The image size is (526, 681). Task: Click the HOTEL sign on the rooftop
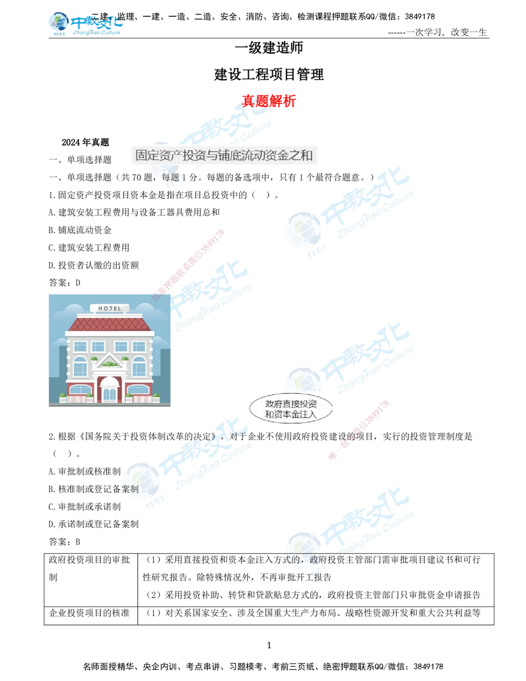pyautogui.click(x=109, y=308)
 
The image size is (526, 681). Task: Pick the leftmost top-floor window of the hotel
pyautogui.click(x=80, y=346)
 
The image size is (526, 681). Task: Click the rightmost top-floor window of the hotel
pyautogui.click(x=139, y=346)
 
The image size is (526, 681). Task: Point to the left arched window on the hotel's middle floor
pyautogui.click(x=80, y=366)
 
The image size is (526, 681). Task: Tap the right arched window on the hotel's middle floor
pyautogui.click(x=139, y=366)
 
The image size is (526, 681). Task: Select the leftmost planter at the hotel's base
pyautogui.click(x=63, y=397)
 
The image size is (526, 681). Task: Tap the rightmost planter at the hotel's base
pyautogui.click(x=156, y=397)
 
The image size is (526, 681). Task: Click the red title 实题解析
pyautogui.click(x=269, y=101)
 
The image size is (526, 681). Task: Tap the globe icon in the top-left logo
pyautogui.click(x=58, y=23)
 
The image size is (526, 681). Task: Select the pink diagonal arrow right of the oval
pyautogui.click(x=359, y=430)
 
